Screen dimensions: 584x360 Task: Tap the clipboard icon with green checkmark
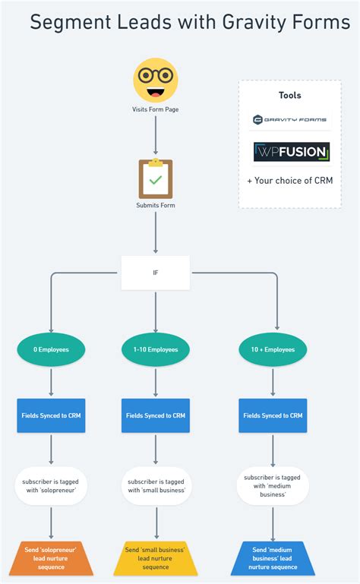point(155,178)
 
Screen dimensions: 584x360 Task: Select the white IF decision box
point(155,272)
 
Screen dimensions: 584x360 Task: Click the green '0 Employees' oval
point(51,349)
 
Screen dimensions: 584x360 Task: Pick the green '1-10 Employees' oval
point(155,349)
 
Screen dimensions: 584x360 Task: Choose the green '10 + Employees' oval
point(273,349)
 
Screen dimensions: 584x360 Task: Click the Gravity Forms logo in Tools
point(291,120)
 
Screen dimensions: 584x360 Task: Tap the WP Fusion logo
point(291,152)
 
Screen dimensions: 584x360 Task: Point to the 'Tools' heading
point(290,96)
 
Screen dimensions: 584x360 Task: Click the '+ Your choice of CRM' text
point(290,181)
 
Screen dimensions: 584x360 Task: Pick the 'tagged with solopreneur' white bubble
point(51,485)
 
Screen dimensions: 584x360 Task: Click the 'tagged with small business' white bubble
point(155,485)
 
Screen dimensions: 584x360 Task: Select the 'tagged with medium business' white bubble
point(273,485)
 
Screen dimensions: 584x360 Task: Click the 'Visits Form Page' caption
point(155,109)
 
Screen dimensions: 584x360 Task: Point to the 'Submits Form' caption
point(155,206)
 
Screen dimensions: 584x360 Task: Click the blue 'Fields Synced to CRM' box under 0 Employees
point(51,415)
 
